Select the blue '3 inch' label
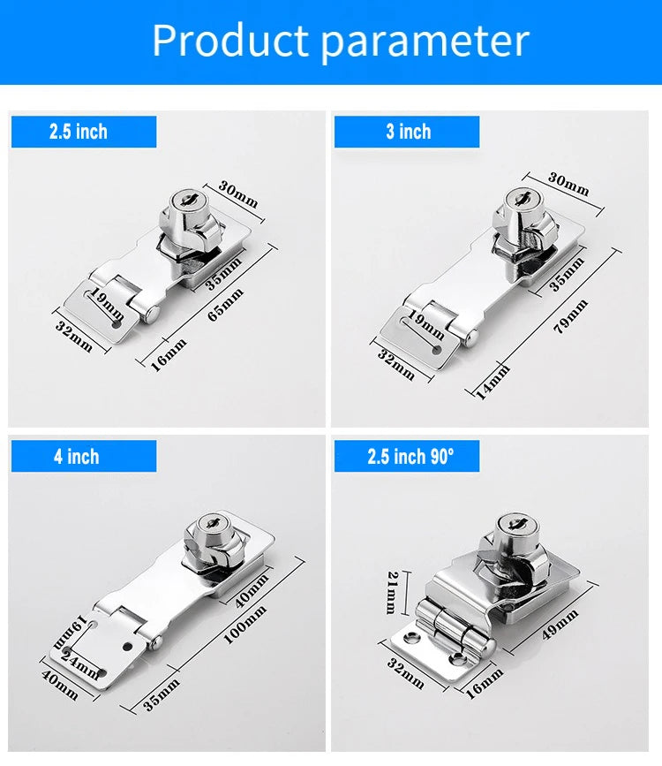click(407, 132)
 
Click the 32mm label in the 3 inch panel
click(396, 363)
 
